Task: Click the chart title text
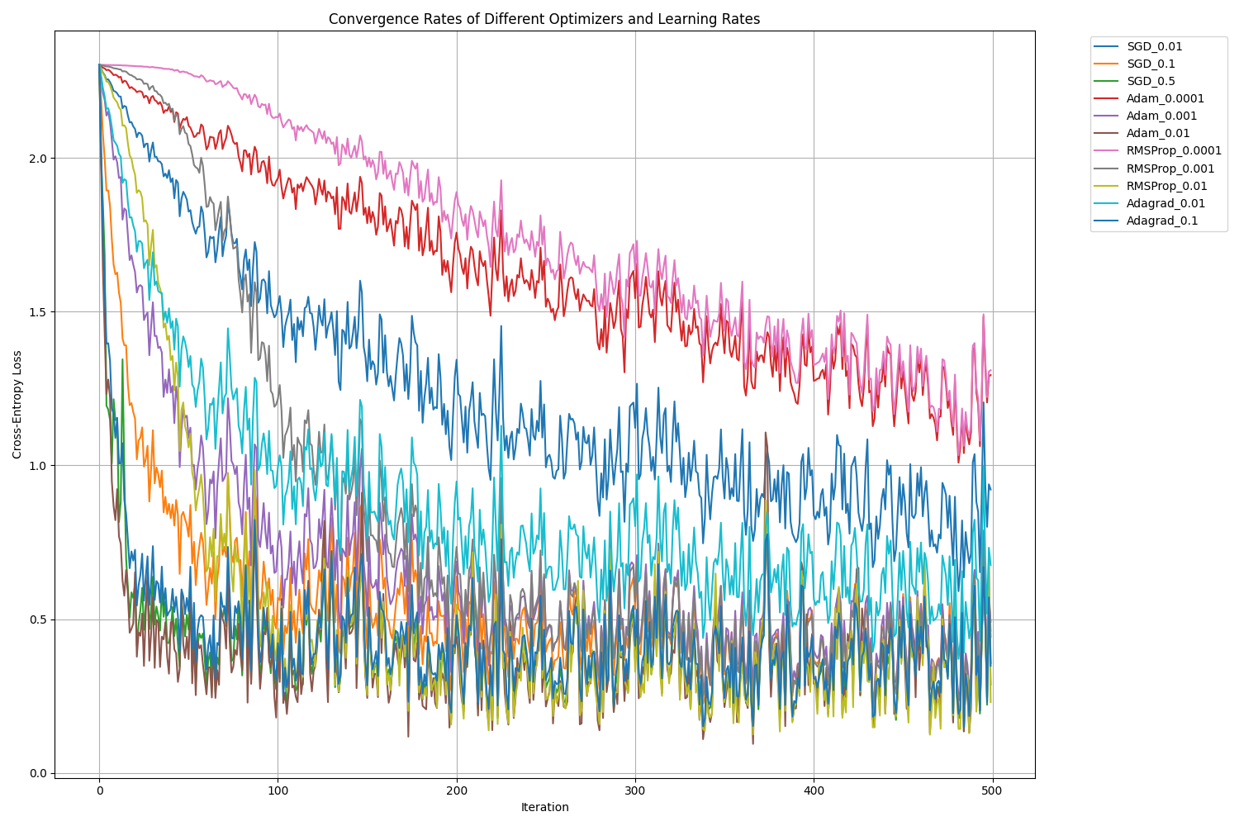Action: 544,19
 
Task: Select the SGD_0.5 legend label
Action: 1151,81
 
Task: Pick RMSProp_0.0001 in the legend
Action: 1174,151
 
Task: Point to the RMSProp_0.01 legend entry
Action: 1167,186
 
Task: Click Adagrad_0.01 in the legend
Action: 1165,203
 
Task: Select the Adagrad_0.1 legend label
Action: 1162,221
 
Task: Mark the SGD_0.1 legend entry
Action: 1151,64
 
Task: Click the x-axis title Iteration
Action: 544,807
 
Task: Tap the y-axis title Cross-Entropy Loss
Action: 17,404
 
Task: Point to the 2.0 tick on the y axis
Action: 38,158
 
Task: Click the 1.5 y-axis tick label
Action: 38,311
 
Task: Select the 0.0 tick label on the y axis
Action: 38,773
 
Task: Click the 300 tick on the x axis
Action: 635,790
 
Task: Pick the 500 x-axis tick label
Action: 992,790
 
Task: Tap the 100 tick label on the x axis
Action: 278,790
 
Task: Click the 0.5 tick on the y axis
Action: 38,619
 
